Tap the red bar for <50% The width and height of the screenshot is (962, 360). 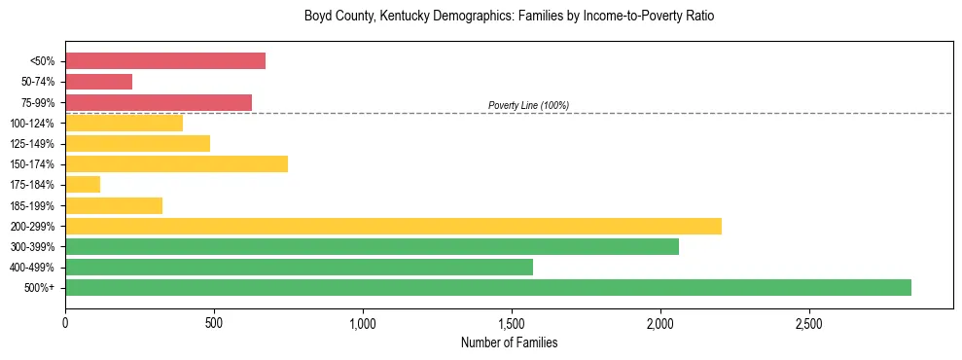click(x=165, y=61)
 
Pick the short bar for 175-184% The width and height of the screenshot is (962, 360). click(x=83, y=185)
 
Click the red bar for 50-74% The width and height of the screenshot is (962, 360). click(x=98, y=82)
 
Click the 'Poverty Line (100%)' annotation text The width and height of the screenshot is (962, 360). click(x=528, y=105)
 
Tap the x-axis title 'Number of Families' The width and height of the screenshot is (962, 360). click(x=509, y=342)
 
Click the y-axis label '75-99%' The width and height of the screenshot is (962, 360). click(x=38, y=103)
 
